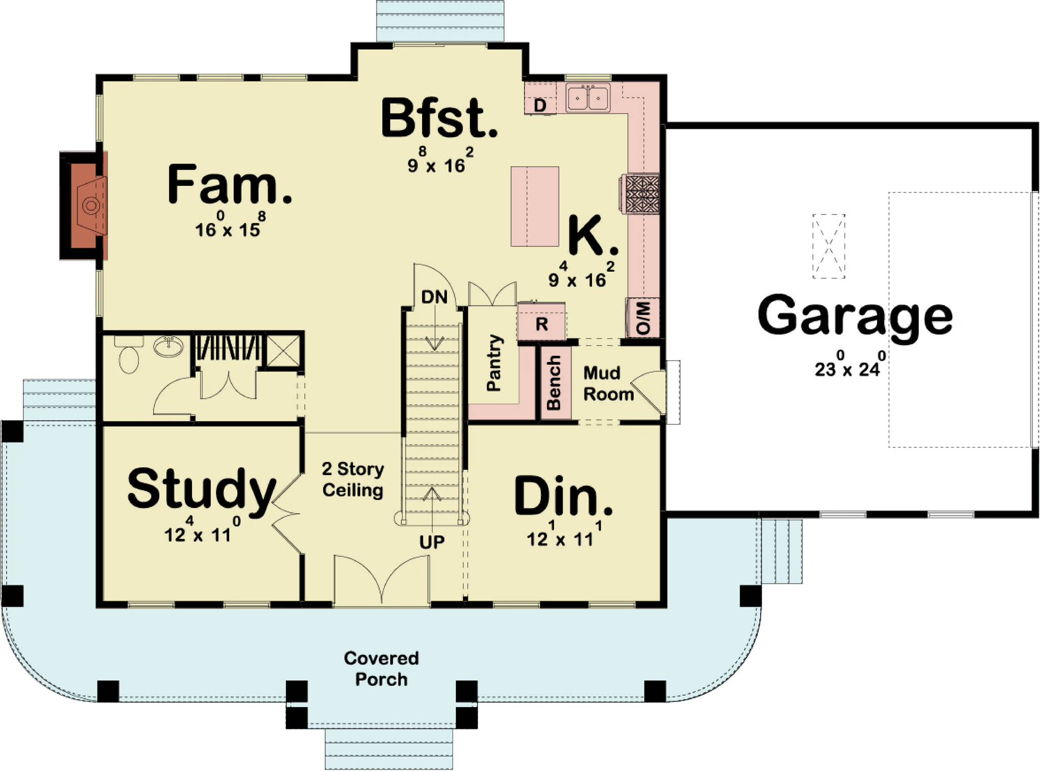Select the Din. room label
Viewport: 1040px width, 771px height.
[563, 495]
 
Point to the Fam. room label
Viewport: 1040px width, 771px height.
[230, 183]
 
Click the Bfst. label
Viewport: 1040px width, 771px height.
[439, 118]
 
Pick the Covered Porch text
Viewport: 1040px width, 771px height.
[381, 669]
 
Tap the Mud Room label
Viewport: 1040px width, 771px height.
[608, 384]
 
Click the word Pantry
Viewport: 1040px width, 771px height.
[494, 363]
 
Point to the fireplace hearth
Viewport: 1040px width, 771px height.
[84, 206]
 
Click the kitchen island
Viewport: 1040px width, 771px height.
[535, 206]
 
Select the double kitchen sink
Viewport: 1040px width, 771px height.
[588, 98]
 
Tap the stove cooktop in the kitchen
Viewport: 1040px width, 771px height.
[642, 194]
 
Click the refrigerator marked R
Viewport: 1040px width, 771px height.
[541, 322]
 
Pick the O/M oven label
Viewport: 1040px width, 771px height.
[643, 317]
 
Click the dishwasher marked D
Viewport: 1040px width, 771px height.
[540, 105]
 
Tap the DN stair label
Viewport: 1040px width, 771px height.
[434, 297]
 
